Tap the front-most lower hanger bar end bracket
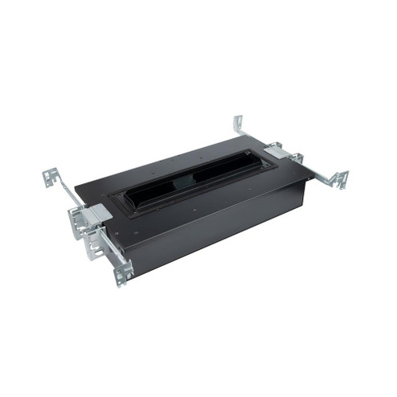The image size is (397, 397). coord(124,274)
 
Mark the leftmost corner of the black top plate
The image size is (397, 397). coord(76,190)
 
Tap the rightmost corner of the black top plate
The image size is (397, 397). coord(313,174)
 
